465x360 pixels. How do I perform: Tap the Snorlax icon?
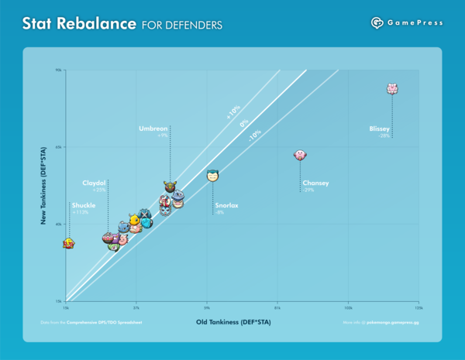click(x=213, y=176)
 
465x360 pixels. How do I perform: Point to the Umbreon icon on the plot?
click(x=170, y=187)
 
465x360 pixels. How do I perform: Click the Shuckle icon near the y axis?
click(x=69, y=243)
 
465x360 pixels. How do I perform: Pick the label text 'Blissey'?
click(x=380, y=129)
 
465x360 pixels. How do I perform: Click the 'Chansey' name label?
click(x=316, y=183)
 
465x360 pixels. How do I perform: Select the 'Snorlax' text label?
click(x=227, y=205)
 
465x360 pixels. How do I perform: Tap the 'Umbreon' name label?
click(x=153, y=128)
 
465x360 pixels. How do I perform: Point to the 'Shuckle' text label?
click(x=83, y=205)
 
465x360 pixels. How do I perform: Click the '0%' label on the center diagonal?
click(x=243, y=123)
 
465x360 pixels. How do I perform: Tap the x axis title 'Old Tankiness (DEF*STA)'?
click(x=232, y=321)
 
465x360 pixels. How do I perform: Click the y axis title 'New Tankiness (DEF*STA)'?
click(x=46, y=184)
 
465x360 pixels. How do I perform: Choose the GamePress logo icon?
click(x=377, y=22)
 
